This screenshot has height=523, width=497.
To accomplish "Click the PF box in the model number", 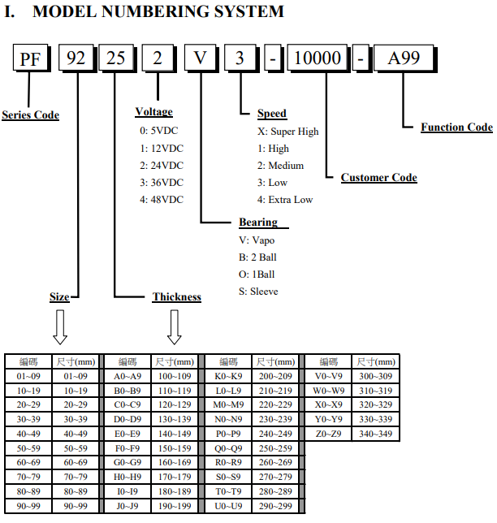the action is [32, 58].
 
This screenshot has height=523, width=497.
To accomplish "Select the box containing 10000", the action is [318, 58].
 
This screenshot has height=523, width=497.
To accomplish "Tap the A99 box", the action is [405, 58].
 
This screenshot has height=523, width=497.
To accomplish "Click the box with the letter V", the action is [201, 58].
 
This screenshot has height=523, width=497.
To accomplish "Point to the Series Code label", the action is [30, 115].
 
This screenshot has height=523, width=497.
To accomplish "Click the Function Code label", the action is [456, 127].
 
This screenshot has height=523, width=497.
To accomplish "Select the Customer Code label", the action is [379, 177].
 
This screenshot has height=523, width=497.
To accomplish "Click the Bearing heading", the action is [258, 223].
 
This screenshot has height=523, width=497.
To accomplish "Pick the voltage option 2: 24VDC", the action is [162, 166].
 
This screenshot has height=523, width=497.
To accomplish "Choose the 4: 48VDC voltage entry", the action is [162, 200].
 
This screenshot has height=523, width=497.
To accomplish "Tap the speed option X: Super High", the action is [288, 132].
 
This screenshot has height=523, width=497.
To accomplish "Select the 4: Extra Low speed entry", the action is [285, 200].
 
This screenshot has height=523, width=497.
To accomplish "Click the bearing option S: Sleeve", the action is [258, 292].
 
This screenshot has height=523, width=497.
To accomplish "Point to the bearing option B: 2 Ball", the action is [258, 257].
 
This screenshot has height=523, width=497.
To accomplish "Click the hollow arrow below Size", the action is [60, 326].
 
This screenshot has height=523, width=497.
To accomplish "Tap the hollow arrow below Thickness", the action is [174, 326].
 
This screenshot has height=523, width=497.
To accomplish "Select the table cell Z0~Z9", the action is [328, 434].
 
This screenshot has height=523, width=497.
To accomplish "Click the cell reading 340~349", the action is [375, 434].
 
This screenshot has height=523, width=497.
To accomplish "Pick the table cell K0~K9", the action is [228, 376].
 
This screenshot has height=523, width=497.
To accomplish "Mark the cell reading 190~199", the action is [175, 506].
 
